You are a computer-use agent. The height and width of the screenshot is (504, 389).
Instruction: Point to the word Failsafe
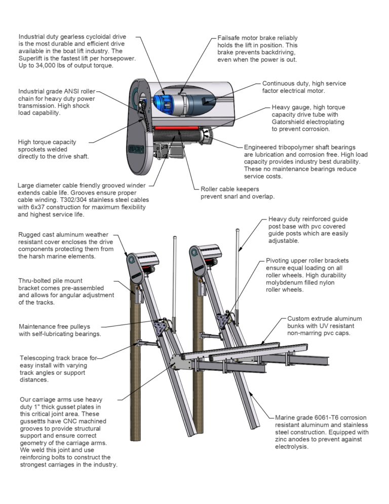230,38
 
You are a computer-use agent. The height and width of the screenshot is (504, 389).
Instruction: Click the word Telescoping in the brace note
39,358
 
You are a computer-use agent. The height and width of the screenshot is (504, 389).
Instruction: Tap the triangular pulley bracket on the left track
163,327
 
